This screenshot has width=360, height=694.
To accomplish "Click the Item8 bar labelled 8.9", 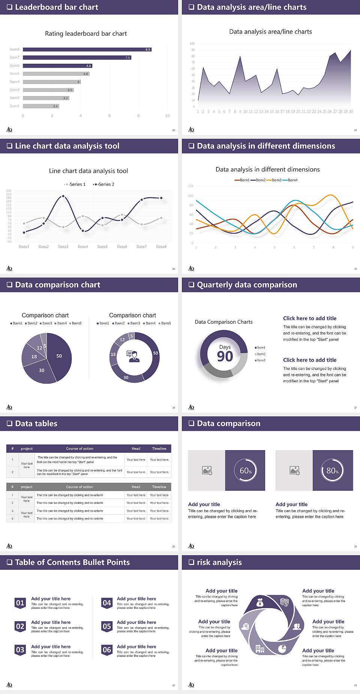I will click(x=87, y=50).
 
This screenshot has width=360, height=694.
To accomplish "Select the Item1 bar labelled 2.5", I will click(x=41, y=106).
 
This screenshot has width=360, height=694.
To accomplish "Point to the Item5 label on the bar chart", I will click(x=15, y=74).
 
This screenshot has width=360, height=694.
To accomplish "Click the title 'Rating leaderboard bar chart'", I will click(x=86, y=34).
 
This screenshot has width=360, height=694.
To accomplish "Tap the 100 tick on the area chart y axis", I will click(x=192, y=44).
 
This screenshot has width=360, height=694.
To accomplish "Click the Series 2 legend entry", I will click(x=104, y=185).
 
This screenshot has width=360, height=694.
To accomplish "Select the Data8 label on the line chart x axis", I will click(x=161, y=247).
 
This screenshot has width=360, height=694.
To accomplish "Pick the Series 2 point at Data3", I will click(x=63, y=196).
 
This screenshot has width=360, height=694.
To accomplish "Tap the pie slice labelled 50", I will click(x=59, y=356).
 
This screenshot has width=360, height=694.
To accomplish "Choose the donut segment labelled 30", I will click(x=126, y=377).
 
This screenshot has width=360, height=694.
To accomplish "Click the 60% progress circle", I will click(x=245, y=470).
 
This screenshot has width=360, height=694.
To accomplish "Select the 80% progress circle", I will click(x=333, y=470).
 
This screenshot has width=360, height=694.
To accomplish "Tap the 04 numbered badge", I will click(x=107, y=603).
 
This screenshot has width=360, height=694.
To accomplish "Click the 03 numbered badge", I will click(x=20, y=650).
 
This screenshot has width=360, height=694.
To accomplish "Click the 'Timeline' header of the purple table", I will click(x=159, y=449).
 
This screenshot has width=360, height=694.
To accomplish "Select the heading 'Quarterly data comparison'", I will click(x=247, y=285).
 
